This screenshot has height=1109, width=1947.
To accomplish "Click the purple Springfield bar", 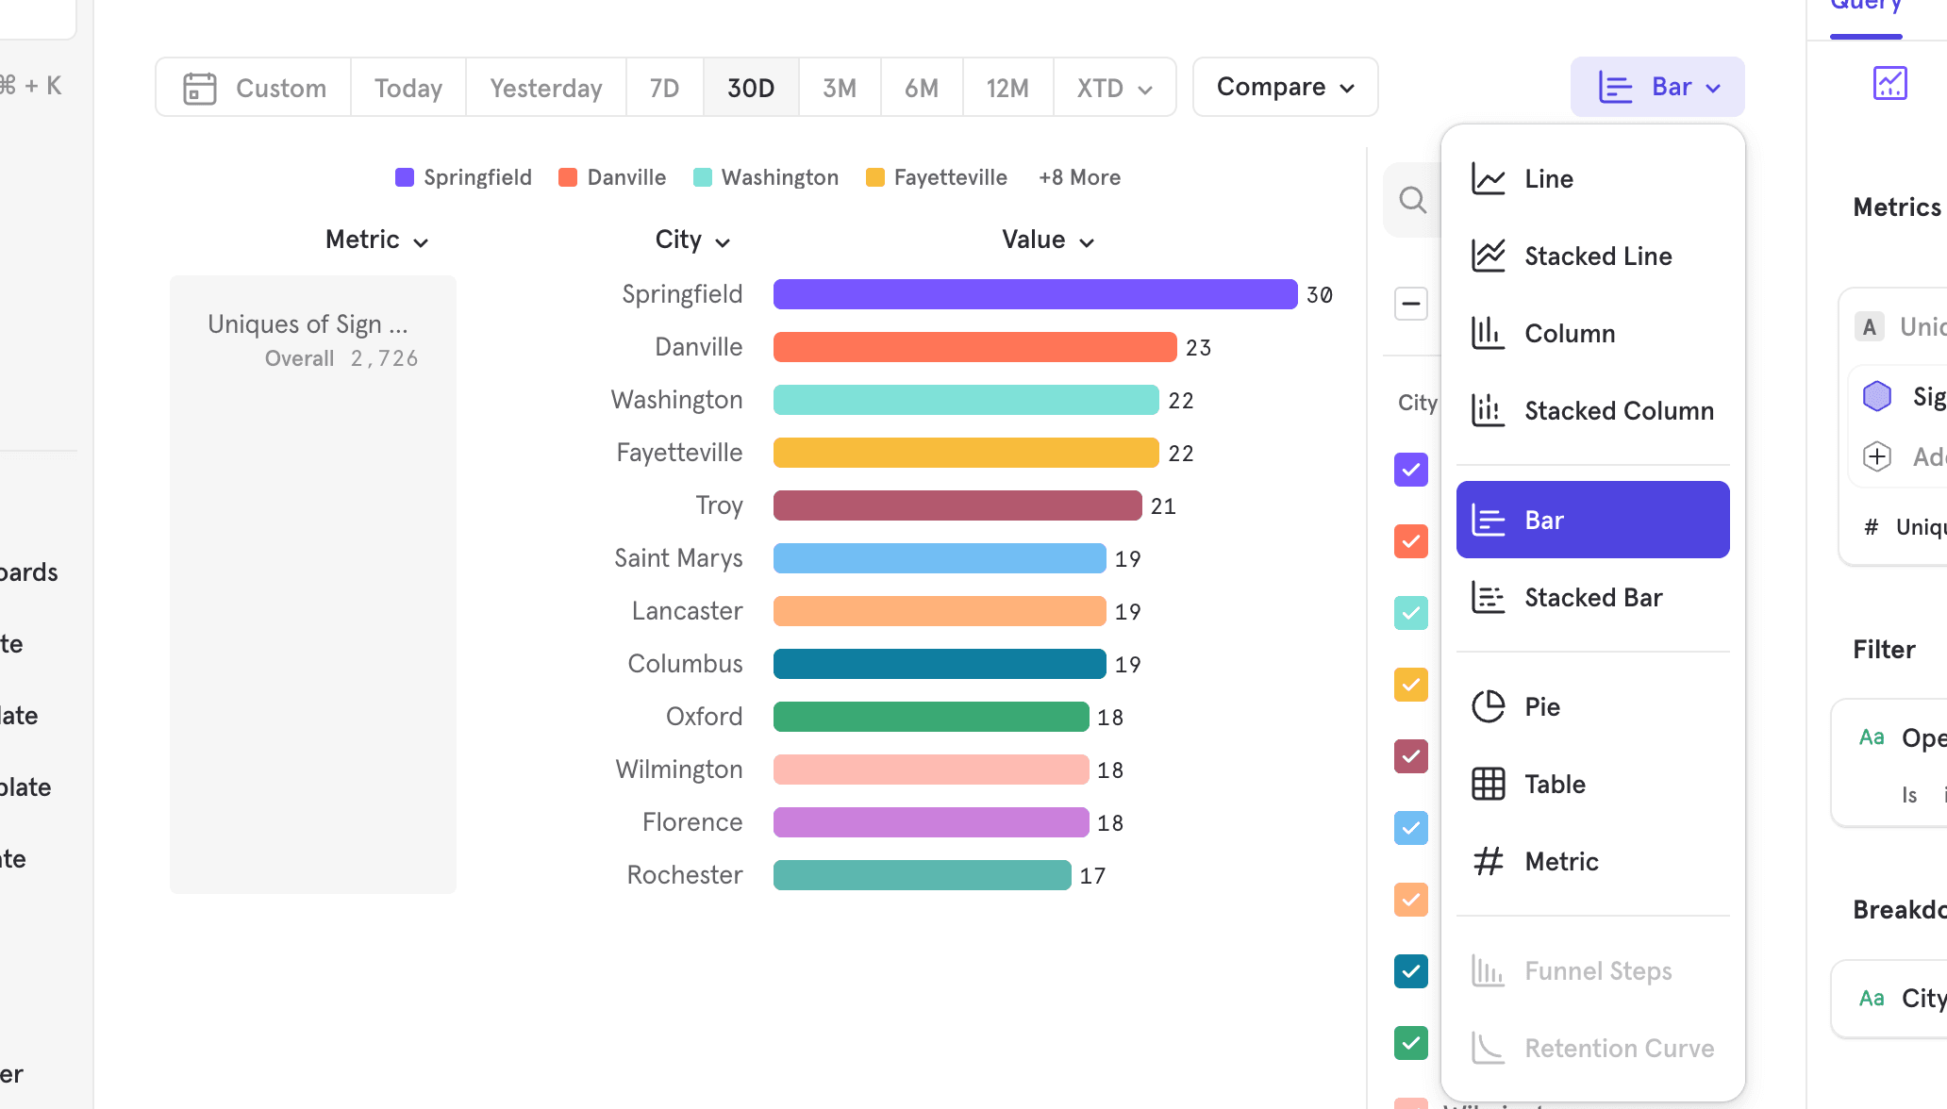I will click(x=1035, y=294).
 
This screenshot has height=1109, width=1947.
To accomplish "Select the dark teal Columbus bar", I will click(x=939, y=664).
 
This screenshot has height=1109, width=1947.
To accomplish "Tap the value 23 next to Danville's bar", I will click(x=1198, y=348).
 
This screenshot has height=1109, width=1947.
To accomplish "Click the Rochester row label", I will click(x=685, y=875).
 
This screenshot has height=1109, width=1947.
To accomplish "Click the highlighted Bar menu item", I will click(x=1592, y=520).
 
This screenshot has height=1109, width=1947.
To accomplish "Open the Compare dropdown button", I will click(x=1285, y=87).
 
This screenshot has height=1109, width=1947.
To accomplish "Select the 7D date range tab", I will click(x=664, y=88).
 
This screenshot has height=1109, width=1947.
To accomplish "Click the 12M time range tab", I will click(x=1007, y=88).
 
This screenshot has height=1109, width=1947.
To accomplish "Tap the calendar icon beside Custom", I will click(x=200, y=88).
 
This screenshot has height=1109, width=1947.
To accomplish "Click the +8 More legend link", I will click(x=1079, y=177).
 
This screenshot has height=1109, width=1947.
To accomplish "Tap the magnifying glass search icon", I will click(x=1412, y=199).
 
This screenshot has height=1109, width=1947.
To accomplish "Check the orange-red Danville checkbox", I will click(x=1410, y=541).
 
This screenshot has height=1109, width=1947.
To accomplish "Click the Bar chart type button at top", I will click(x=1657, y=87).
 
